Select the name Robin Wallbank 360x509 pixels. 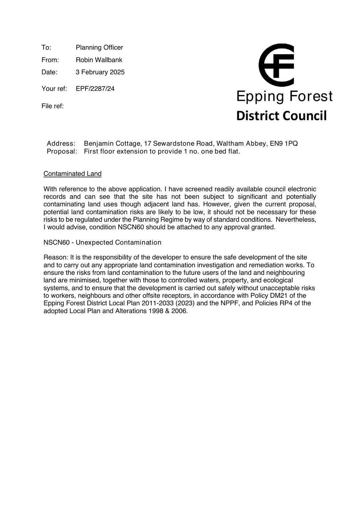99,60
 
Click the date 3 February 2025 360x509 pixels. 100,72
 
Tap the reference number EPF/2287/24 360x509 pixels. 95,89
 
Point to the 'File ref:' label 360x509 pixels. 52,106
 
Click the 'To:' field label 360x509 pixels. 46,48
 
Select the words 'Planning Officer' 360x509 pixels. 99,48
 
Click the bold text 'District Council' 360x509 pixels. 281,116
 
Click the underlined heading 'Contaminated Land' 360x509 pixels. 73,174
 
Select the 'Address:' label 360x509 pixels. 61,143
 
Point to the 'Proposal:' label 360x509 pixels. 62,151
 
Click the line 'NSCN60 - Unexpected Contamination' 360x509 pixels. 102,242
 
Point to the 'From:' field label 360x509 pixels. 50,60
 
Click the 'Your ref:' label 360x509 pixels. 54,89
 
